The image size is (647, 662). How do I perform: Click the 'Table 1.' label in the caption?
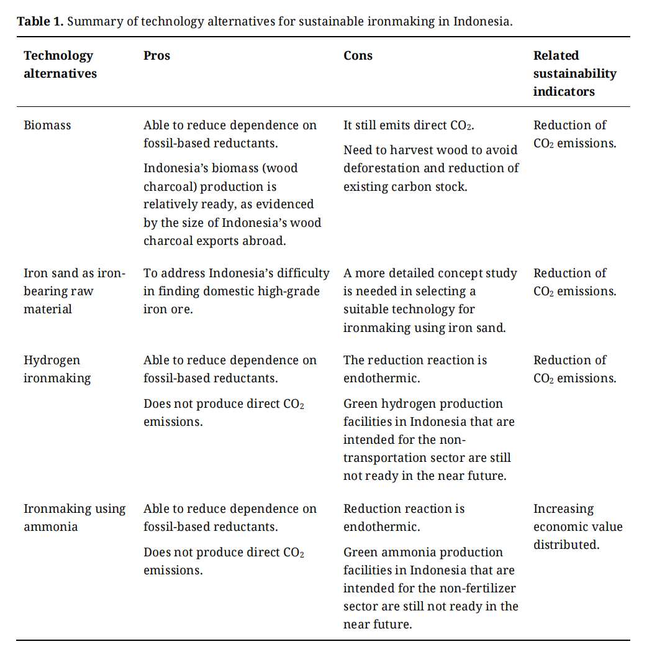40,21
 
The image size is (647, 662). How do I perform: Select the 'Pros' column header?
156,55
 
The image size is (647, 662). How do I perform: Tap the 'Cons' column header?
358,55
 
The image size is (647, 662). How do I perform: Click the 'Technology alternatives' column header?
60,64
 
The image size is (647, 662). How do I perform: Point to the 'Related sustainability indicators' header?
574,73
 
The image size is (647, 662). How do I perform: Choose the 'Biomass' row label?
47,125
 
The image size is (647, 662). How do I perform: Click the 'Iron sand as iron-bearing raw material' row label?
74,291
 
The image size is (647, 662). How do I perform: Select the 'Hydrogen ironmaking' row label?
57,369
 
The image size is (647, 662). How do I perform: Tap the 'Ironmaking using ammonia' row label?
74,517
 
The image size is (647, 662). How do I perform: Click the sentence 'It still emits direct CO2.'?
409,125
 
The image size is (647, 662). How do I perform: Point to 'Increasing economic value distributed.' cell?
577,526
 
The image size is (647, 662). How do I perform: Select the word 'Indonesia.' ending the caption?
482,21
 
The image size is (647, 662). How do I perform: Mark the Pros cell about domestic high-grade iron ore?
236,291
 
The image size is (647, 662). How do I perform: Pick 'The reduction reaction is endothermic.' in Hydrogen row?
415,369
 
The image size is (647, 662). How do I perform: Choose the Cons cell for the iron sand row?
430,300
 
